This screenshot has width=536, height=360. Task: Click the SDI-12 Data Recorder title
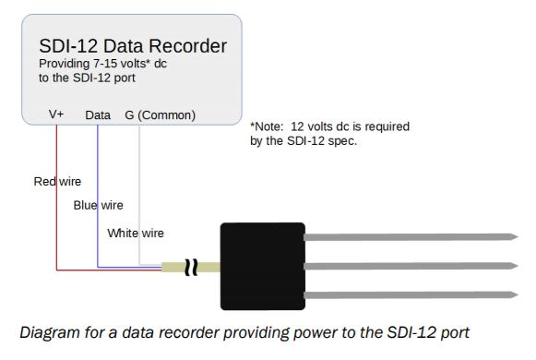133,46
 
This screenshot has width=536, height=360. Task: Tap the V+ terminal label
56,114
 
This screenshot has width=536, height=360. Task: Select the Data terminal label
98,115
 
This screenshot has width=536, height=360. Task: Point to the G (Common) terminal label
160,115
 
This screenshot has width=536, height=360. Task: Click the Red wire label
57,181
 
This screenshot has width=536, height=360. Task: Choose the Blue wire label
98,205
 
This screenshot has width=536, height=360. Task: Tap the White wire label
136,234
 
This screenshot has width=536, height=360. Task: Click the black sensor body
263,267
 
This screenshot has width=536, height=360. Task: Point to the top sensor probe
411,237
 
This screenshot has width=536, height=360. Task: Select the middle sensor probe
411,266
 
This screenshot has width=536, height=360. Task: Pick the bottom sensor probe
411,295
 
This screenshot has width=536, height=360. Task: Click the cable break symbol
191,268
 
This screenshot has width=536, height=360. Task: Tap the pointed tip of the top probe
518,236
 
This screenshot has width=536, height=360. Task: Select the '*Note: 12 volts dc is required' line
329,126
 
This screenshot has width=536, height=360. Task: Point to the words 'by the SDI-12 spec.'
304,141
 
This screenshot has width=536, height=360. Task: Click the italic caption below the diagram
244,332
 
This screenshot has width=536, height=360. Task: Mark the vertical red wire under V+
57,198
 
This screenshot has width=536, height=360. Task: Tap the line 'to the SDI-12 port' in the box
87,78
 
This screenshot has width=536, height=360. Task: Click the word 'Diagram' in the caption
50,332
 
